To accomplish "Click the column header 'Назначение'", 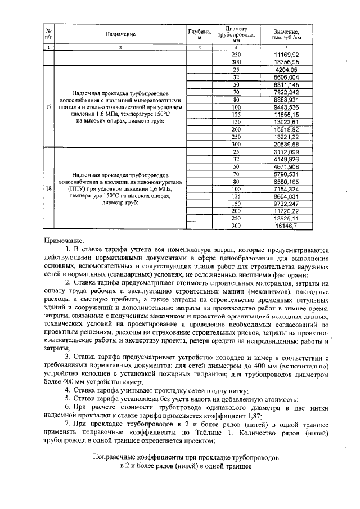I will click(120, 34).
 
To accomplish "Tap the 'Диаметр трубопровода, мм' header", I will click(236, 34).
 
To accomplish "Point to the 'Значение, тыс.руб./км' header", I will click(286, 34).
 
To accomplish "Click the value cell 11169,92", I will click(286, 54).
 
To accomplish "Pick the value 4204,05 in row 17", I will click(286, 70).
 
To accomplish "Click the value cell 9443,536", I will click(286, 107).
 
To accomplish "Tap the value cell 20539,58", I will click(286, 144).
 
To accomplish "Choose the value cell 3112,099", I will click(286, 152).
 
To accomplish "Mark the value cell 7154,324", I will click(286, 189).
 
